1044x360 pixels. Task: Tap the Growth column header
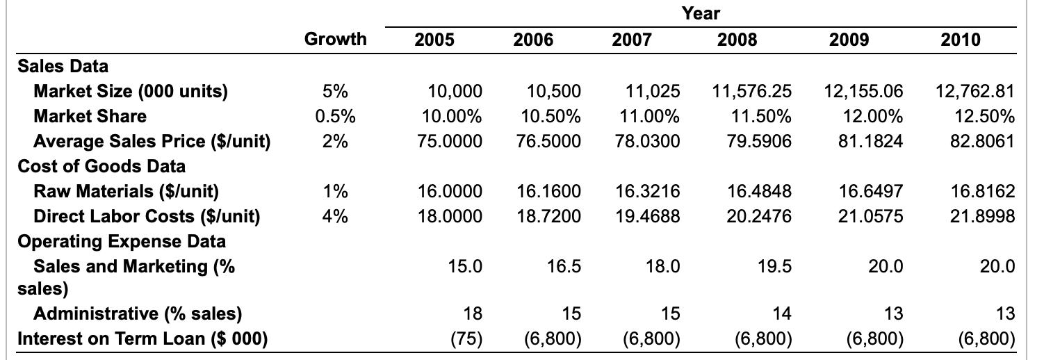335,40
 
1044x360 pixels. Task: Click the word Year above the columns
701,13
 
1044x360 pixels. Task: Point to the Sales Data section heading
63,66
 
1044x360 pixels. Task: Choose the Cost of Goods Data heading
101,166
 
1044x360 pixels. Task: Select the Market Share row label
90,116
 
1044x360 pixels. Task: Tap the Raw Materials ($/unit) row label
126,191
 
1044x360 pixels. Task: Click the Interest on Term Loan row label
142,338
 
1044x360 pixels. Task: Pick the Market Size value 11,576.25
752,91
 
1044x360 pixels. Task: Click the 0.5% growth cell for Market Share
335,116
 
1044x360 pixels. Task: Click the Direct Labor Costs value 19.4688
647,216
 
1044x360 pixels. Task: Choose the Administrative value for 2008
781,313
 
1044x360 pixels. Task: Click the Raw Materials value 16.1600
549,191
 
